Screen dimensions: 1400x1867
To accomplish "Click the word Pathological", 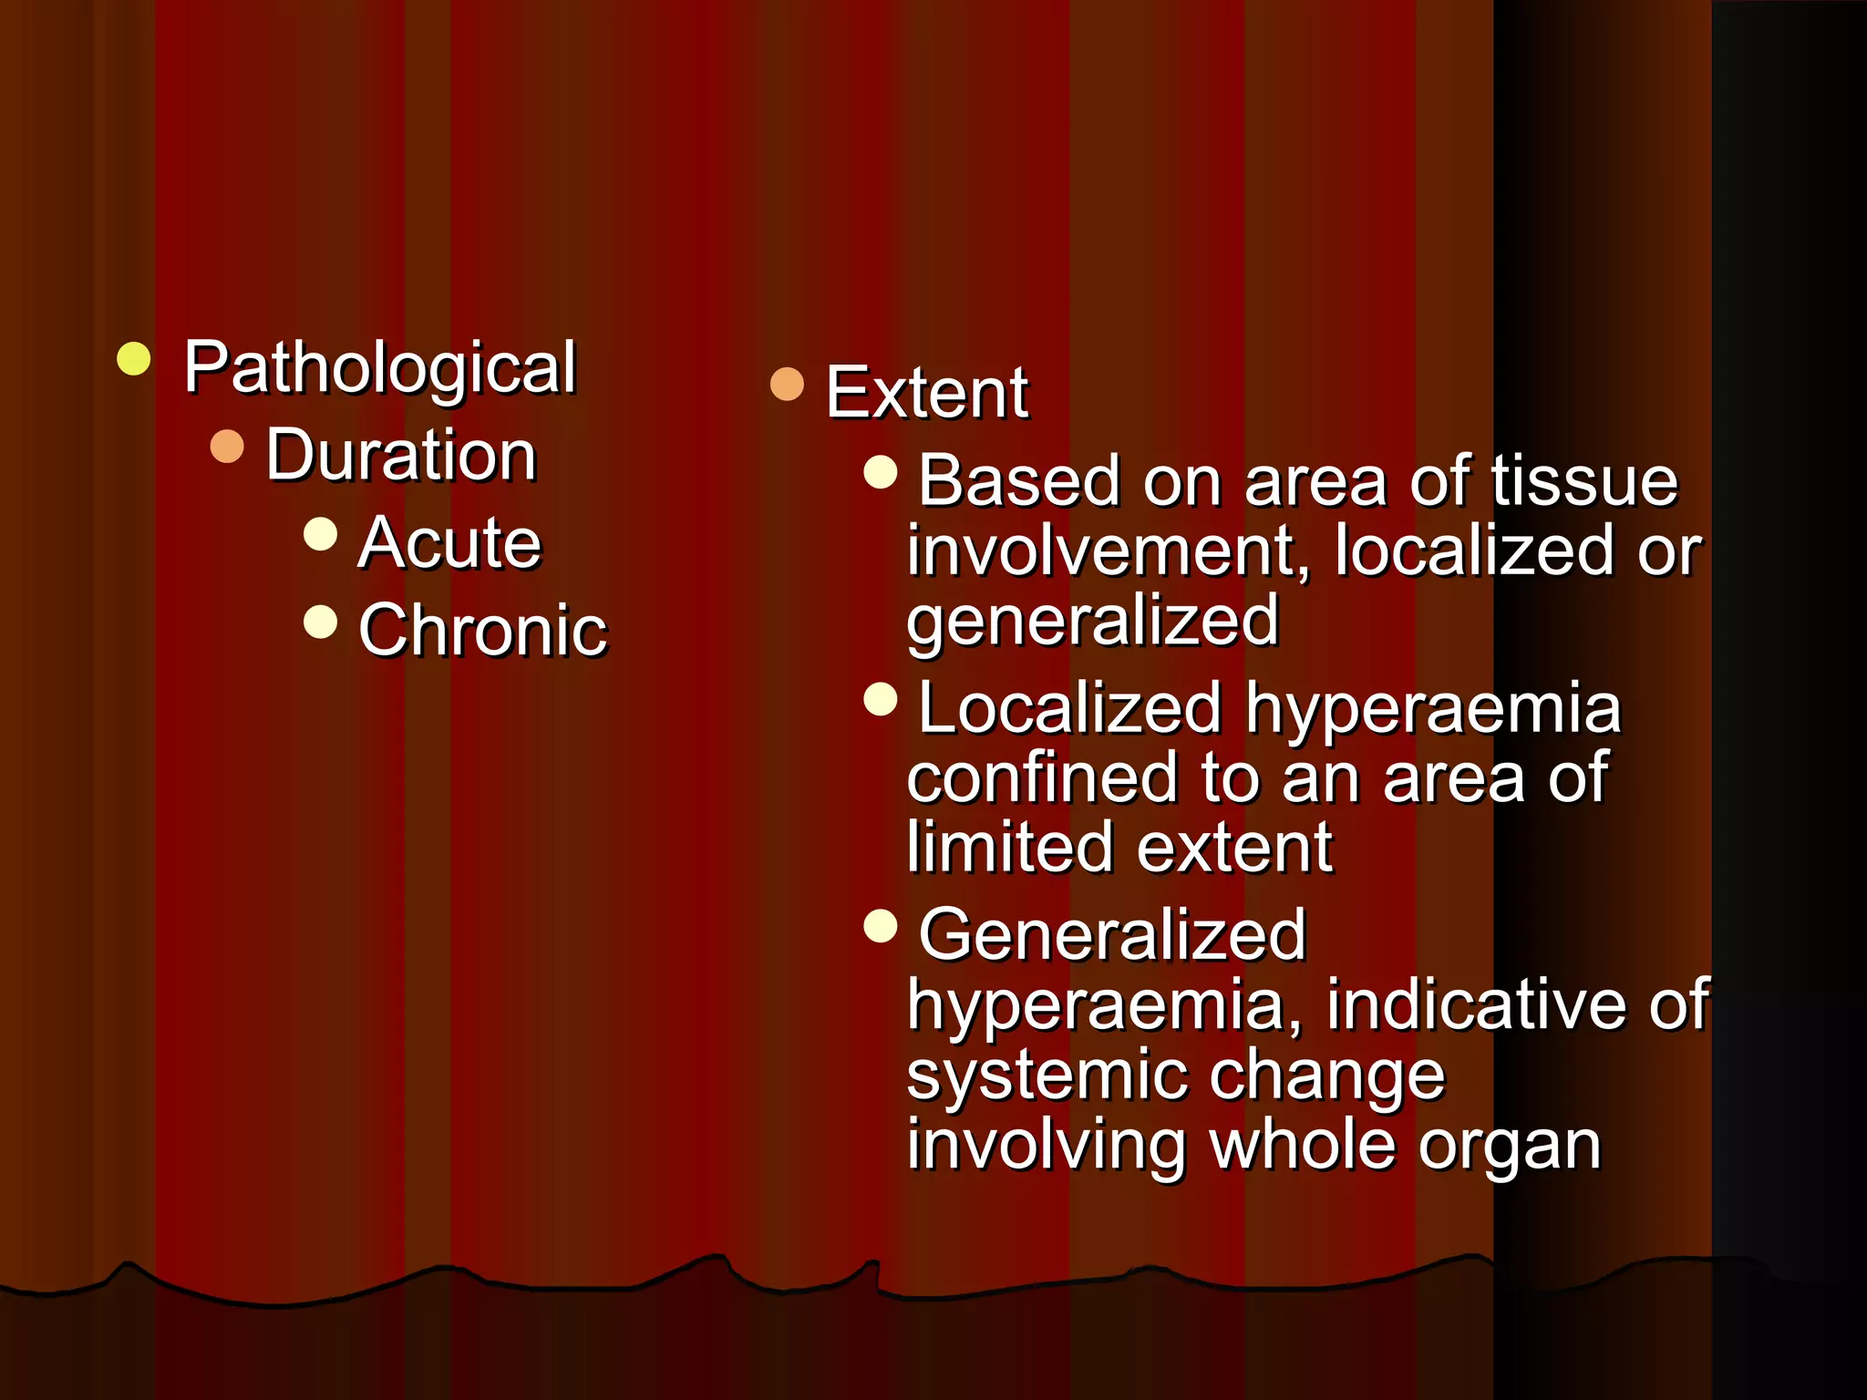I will click(x=379, y=367).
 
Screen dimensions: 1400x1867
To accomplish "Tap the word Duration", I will click(x=401, y=455).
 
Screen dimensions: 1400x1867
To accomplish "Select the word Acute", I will click(x=449, y=542).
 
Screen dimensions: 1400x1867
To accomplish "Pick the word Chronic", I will click(x=482, y=630).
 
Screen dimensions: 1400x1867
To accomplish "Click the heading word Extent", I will click(x=927, y=393).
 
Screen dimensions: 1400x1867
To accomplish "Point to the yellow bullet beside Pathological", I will click(x=134, y=359).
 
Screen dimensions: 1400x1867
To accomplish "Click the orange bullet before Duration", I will click(x=227, y=447).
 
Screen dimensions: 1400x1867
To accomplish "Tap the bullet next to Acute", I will click(x=320, y=534).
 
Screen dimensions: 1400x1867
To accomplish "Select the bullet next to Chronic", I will click(x=320, y=622).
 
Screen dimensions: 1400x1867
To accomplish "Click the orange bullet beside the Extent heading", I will click(x=787, y=384).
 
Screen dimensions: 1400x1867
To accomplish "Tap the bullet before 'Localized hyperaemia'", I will click(x=881, y=699).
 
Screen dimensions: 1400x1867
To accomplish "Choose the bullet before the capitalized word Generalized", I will click(x=881, y=926).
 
